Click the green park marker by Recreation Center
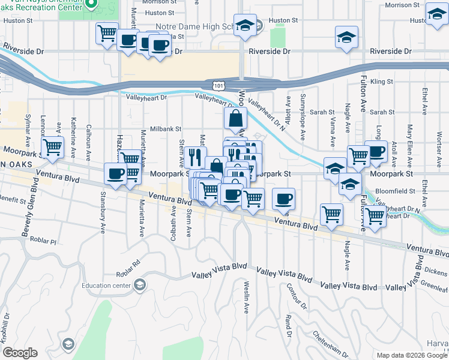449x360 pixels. coord(91,5)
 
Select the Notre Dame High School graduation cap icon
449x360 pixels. coord(245,25)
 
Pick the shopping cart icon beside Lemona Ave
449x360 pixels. coord(52,146)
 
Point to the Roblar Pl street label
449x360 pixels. coord(44,242)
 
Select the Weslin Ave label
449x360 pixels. coord(247,297)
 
